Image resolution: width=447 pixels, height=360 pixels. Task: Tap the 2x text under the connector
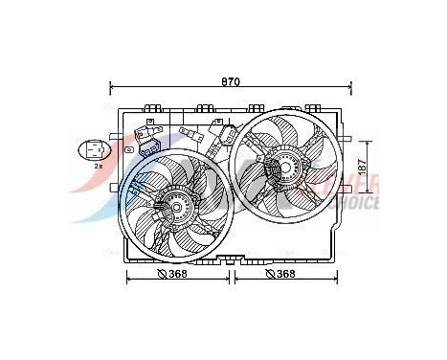tap(98, 167)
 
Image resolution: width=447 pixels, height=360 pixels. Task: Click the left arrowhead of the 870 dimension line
tap(115, 90)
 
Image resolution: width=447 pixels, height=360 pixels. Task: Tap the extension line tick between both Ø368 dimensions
tap(231, 279)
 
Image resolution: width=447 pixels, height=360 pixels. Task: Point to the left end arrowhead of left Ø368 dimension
tap(129, 279)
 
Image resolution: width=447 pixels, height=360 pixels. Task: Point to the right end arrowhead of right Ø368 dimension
tap(330, 279)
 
